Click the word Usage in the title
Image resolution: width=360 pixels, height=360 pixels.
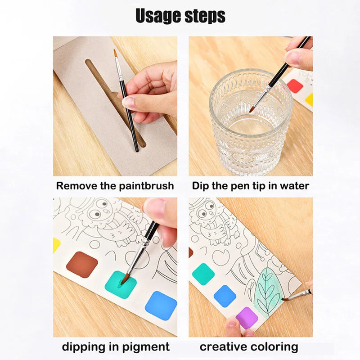point(158,16)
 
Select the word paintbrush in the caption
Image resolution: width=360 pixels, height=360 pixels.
point(147,186)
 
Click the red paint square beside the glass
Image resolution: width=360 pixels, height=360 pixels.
point(295,86)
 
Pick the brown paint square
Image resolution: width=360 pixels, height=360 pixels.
point(82,264)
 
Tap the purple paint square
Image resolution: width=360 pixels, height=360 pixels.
point(247,318)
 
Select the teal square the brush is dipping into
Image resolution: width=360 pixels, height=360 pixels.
point(121,284)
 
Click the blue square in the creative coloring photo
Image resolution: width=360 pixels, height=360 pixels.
point(225,297)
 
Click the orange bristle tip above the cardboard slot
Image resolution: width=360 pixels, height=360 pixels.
point(116,53)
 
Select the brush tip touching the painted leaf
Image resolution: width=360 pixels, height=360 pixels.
point(285,299)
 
